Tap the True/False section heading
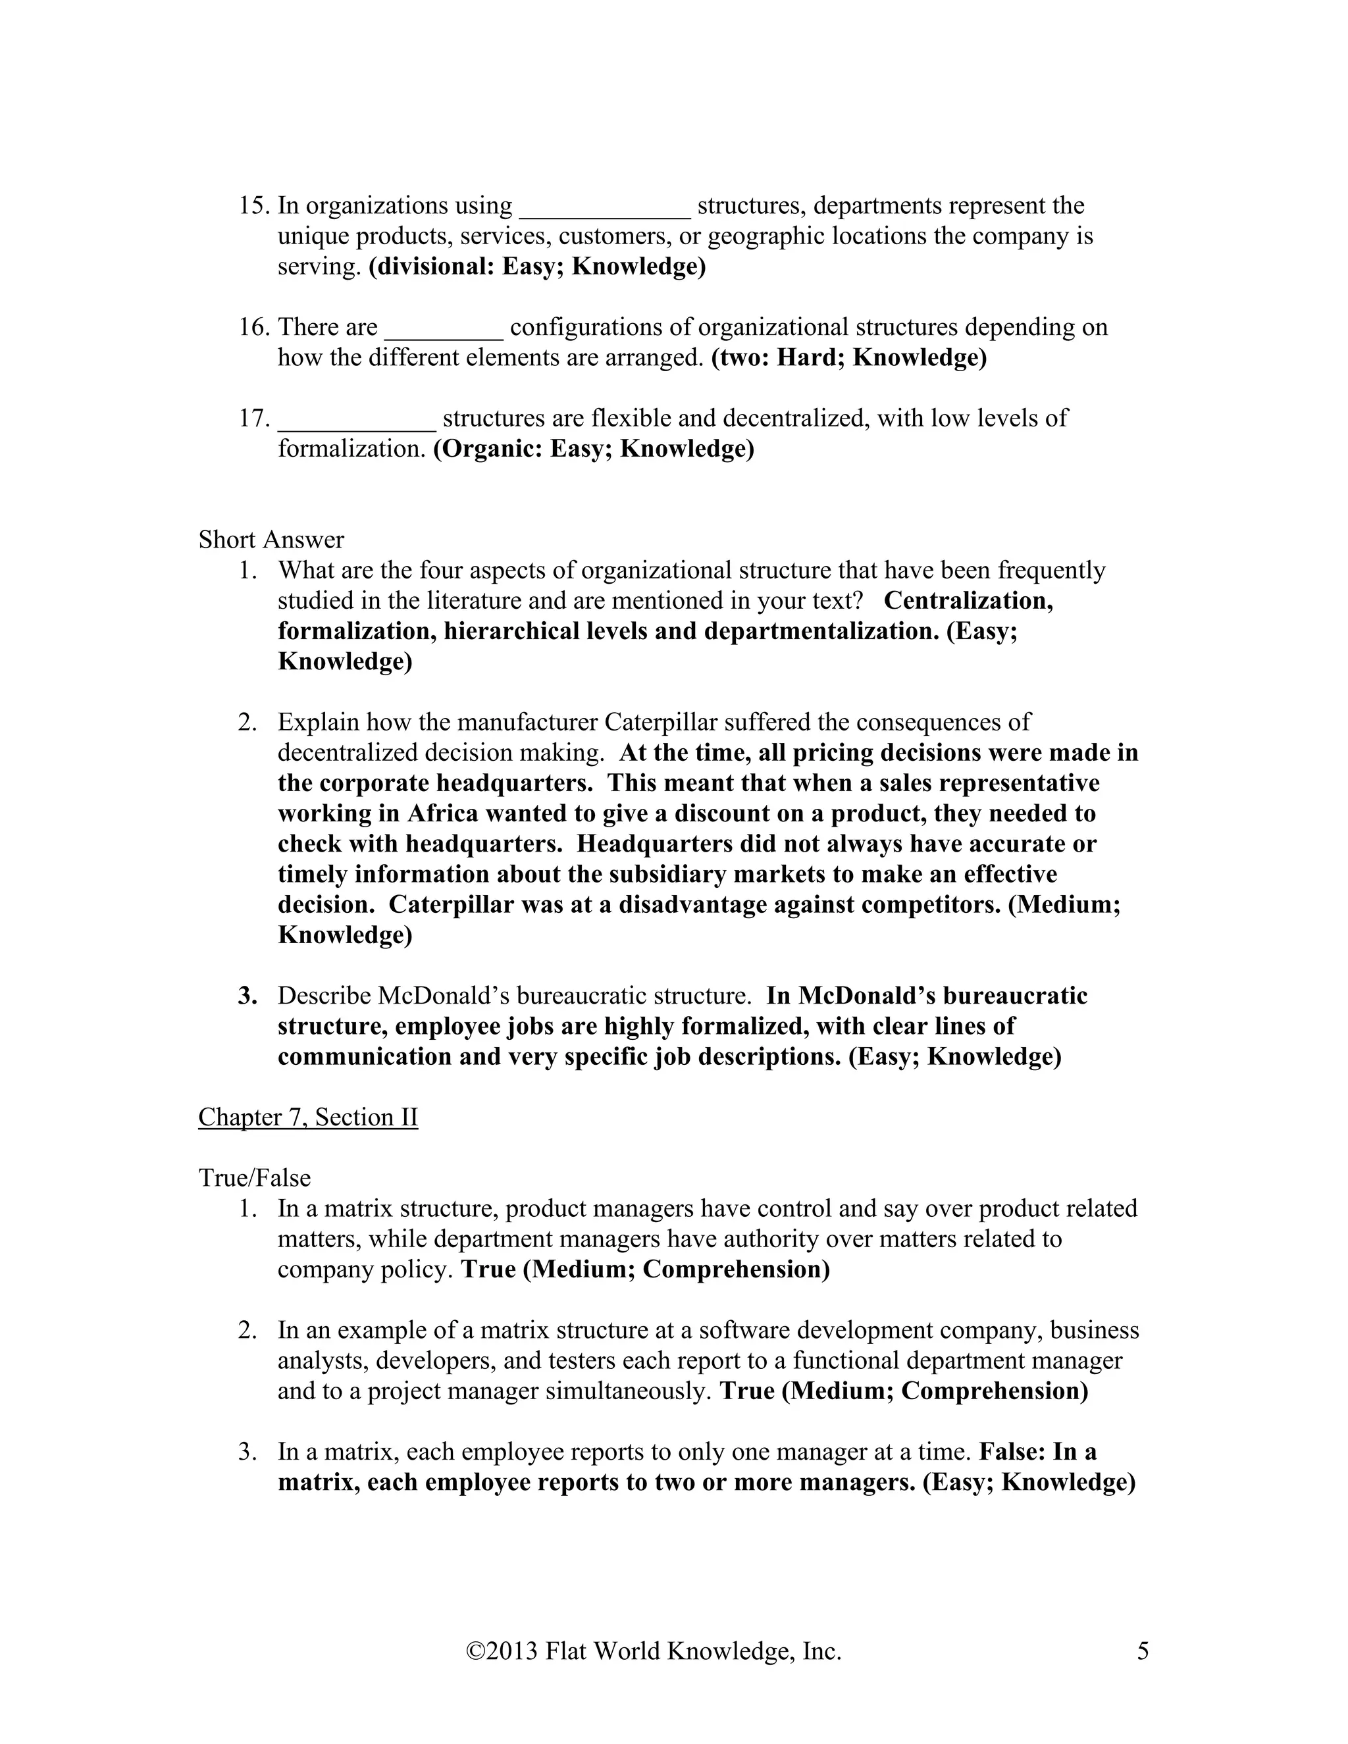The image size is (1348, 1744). (254, 1178)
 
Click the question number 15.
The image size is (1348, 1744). (253, 206)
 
